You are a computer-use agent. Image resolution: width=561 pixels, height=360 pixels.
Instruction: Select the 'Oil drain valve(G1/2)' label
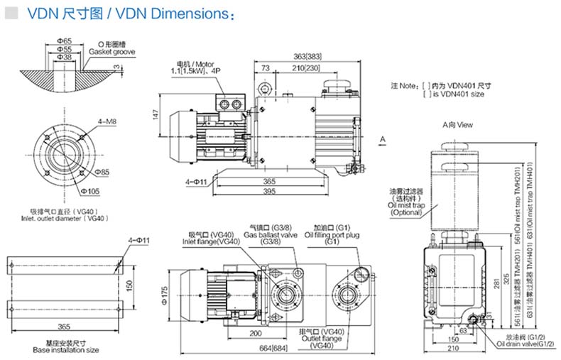[522, 344]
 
